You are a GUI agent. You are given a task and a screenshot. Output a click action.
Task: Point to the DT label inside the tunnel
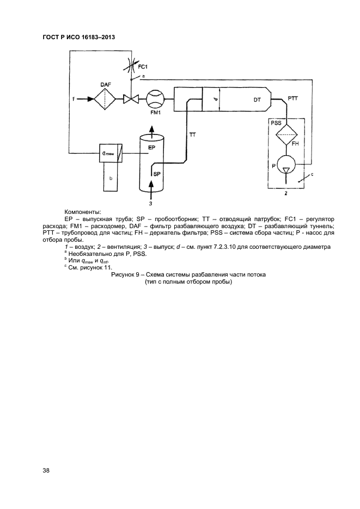coord(258,100)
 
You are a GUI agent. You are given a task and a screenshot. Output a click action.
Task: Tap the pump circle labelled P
coord(286,165)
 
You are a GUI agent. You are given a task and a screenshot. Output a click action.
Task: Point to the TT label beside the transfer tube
coord(192,134)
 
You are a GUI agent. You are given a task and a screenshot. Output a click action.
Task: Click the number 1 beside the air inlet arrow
coord(65,99)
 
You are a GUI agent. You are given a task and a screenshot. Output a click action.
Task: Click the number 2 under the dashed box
coord(286,193)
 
